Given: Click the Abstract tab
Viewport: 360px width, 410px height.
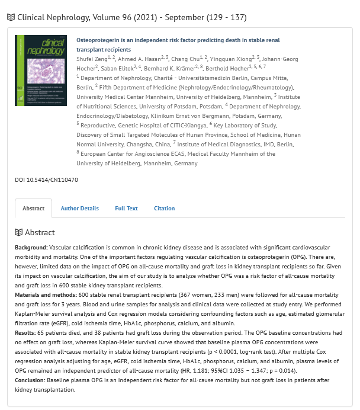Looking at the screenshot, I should point(33,209).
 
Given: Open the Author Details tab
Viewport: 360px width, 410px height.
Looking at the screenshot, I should point(79,209).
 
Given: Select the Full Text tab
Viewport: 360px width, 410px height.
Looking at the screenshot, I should point(126,209).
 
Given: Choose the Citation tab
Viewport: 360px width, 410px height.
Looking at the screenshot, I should point(164,209).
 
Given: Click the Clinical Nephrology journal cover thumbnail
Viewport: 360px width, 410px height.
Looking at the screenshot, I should point(40,70).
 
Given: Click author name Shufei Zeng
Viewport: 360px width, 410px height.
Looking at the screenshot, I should point(95,58).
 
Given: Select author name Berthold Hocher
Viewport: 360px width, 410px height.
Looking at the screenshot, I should point(227,68).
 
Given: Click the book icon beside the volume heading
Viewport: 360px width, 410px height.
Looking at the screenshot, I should point(11,17).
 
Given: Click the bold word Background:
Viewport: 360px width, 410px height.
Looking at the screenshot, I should point(31,246).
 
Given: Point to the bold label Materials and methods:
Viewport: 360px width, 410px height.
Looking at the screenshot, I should point(46,294).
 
